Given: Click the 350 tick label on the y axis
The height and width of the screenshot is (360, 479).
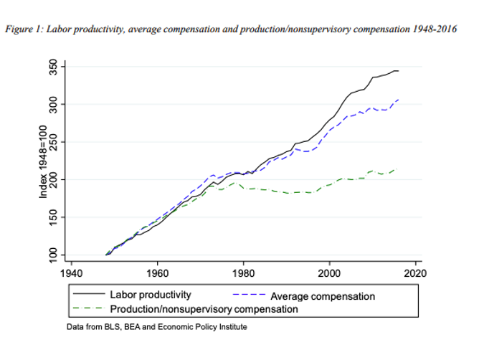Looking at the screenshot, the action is point(53,67).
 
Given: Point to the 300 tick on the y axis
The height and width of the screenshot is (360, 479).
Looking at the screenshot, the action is point(53,105).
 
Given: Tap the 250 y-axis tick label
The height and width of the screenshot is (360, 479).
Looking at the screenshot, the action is point(53,142).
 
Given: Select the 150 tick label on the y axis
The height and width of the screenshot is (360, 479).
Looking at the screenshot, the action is point(53,217).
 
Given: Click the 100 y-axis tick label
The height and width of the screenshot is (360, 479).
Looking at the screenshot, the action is point(53,255).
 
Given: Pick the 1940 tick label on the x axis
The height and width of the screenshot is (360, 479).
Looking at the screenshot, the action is point(72,273).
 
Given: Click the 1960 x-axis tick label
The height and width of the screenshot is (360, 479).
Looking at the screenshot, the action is point(157,273).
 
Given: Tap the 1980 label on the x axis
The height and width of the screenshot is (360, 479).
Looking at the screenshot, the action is point(244,273).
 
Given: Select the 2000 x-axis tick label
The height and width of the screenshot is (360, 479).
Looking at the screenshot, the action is point(329,273).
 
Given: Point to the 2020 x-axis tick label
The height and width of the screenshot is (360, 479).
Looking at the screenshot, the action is point(415,273).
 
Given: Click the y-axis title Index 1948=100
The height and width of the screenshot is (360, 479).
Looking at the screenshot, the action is point(43,161).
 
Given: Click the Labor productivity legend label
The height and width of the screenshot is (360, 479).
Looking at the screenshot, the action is point(151,295).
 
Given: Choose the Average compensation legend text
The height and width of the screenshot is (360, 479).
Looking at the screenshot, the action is point(323,296).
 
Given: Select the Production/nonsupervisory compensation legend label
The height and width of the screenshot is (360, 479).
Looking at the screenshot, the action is point(204,309).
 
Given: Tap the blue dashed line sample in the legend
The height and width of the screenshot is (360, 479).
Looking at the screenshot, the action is point(249,294).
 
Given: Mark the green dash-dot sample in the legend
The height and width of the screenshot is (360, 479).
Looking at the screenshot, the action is point(89,308).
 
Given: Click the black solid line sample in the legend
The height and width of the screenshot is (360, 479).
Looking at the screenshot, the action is point(89,294).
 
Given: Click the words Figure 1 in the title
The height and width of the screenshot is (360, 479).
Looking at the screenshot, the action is point(24,29).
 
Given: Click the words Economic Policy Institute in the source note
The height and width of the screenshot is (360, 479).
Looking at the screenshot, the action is point(202,327).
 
